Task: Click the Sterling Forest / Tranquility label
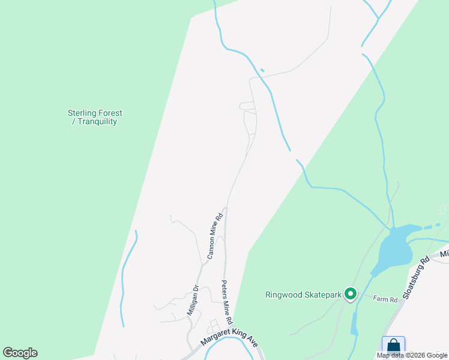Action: click(95, 117)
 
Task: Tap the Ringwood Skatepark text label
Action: click(303, 295)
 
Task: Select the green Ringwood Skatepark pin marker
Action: click(351, 294)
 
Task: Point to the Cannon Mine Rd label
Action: click(215, 236)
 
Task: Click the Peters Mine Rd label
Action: click(227, 302)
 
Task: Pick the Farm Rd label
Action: click(385, 298)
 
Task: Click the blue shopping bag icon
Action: click(393, 346)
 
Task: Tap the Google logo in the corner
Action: click(20, 353)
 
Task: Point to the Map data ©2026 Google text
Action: click(412, 355)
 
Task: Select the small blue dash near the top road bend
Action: click(262, 70)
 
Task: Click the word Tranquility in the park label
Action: click(97, 121)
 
